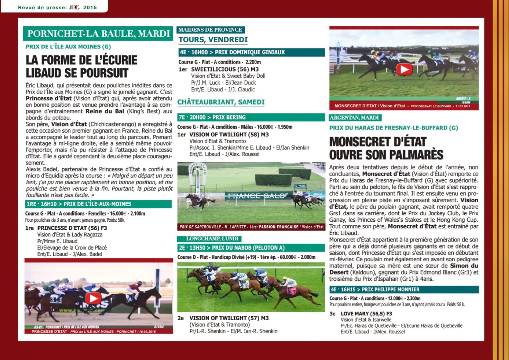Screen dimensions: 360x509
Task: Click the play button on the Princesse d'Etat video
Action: coord(93,298)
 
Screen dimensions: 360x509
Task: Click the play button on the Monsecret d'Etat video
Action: coord(404,69)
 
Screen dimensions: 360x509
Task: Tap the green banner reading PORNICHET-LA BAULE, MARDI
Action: coord(98,34)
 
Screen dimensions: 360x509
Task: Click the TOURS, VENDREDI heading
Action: coord(213,40)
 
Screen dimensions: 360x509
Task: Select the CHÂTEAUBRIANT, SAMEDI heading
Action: coord(221,102)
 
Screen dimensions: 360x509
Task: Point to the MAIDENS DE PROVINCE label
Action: coord(210,30)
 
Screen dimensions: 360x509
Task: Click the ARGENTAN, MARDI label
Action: coord(354,118)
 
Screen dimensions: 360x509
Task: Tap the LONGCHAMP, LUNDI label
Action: coord(209,238)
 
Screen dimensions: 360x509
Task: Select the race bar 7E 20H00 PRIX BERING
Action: coord(251,117)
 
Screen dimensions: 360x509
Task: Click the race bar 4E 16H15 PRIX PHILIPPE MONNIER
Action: coord(404,289)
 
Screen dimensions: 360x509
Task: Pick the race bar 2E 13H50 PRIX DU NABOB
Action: coord(251,247)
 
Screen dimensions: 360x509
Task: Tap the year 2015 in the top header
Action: coord(90,7)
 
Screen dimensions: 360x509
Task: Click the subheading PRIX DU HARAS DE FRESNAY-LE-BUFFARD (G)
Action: coord(393,128)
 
